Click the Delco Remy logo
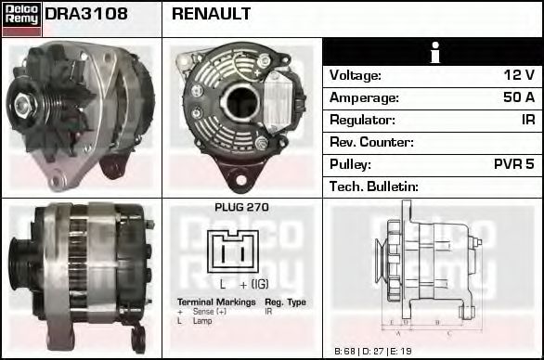click(x=21, y=19)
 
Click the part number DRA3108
click(x=86, y=15)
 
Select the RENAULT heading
click(x=211, y=15)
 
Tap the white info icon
click(x=433, y=53)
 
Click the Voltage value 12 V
click(x=518, y=75)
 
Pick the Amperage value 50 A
click(x=516, y=97)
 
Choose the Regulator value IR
click(x=526, y=120)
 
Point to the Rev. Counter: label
click(x=371, y=142)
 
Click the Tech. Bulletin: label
click(x=374, y=186)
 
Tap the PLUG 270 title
click(x=241, y=208)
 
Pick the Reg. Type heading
click(x=285, y=302)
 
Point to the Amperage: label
click(x=364, y=97)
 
